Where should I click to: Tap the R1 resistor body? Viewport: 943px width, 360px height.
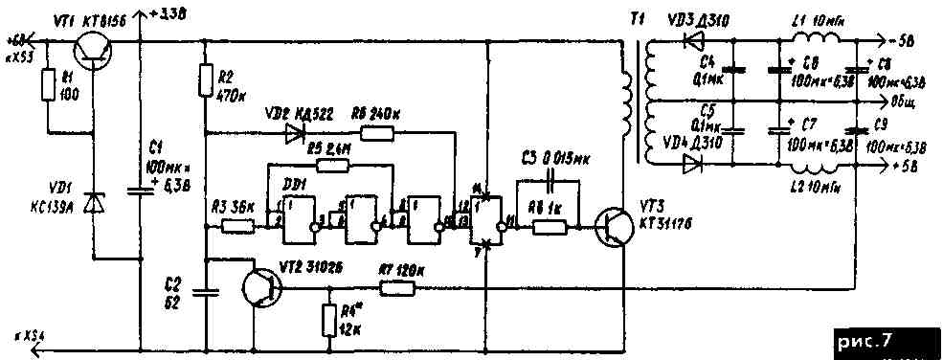click(48, 86)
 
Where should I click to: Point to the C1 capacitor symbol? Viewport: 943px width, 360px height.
click(141, 190)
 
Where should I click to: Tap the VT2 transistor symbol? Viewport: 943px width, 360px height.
click(259, 286)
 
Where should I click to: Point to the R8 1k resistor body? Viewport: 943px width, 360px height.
click(550, 227)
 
